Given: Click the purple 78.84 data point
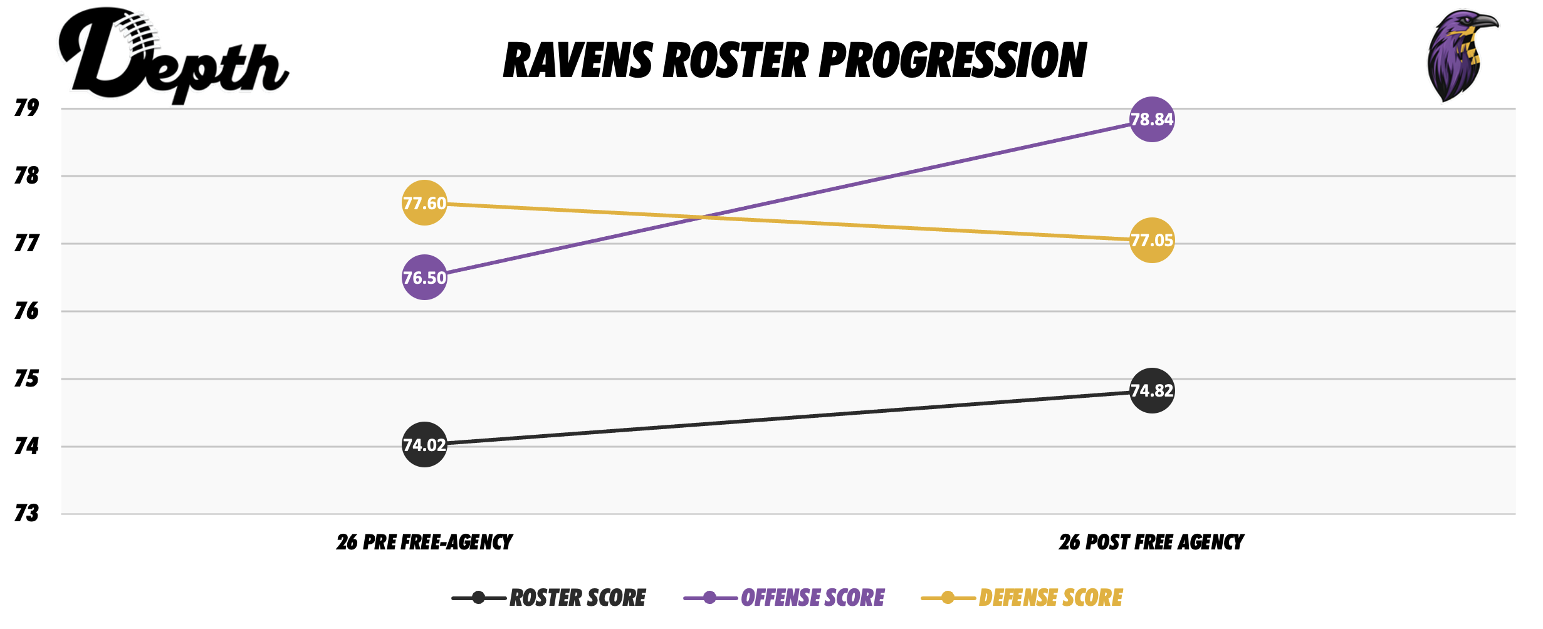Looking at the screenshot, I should pyautogui.click(x=1151, y=119).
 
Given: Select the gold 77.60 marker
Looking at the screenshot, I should pyautogui.click(x=424, y=203).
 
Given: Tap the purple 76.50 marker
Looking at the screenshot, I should pyautogui.click(x=424, y=278).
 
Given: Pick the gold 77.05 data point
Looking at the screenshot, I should pyautogui.click(x=1151, y=240).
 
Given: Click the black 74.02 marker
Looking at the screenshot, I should pyautogui.click(x=424, y=445).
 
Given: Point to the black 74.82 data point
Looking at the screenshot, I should pyautogui.click(x=1151, y=390).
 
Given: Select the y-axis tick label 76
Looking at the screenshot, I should pyautogui.click(x=26, y=311).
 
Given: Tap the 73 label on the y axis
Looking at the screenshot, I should pyautogui.click(x=26, y=514).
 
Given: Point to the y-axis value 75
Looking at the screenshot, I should pyautogui.click(x=26, y=378).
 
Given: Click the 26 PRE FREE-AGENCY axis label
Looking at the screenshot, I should pyautogui.click(x=424, y=542).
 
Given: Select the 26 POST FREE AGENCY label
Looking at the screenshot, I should pyautogui.click(x=1151, y=542).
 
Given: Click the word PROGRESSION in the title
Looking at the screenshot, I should pyautogui.click(x=953, y=61).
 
